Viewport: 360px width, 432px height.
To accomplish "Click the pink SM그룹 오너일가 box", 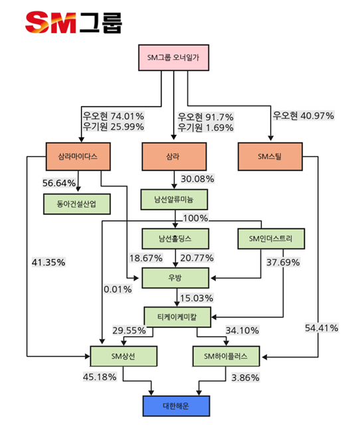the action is pos(173,58).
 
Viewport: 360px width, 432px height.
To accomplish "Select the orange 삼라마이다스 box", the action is pos(78,157).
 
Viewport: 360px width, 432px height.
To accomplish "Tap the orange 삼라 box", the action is pos(174,157).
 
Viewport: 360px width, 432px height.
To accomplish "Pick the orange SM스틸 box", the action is pos(270,157).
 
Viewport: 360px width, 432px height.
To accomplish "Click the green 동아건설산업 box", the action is pos(77,204).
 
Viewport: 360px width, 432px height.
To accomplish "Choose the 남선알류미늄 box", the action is pos(174,200).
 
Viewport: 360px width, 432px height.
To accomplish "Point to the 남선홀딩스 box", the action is pos(175,239).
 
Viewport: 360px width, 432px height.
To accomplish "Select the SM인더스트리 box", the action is pos(271,239).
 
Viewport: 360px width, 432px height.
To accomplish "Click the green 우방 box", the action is pos(175,278).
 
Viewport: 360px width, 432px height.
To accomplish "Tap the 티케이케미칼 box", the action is pos(177,317).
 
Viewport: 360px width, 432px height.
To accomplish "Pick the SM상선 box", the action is pos(124,356).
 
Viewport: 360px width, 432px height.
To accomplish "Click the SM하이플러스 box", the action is pos(226,356).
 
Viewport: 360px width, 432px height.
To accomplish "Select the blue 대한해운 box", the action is pos(176,406).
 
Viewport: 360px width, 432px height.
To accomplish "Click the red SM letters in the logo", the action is pos(50,22).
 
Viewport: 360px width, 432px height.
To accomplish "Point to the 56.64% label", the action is pos(59,183).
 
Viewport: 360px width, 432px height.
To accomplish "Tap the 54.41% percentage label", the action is pos(321,328).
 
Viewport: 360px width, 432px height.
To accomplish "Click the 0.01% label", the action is pos(118,289).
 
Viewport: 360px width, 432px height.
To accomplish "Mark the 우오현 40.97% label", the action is pos(304,115).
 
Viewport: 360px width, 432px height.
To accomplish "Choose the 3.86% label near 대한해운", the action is pos(245,378).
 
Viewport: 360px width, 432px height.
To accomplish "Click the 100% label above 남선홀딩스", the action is pos(195,218).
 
